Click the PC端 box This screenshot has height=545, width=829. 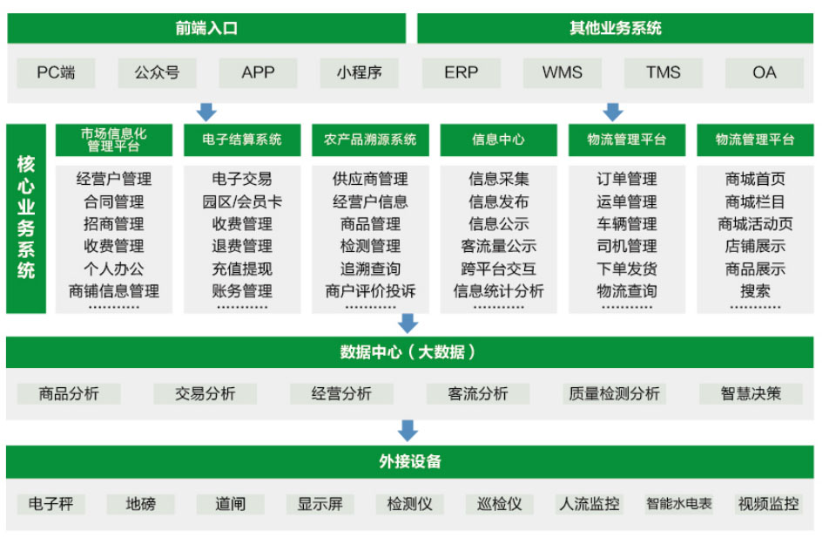[56, 72]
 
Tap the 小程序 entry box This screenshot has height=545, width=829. [359, 72]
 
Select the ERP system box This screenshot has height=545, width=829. [461, 72]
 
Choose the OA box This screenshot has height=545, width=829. [765, 72]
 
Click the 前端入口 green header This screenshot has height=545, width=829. [206, 28]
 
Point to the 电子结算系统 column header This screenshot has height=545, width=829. [242, 140]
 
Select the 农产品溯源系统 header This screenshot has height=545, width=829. [370, 140]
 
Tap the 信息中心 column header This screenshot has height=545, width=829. [499, 140]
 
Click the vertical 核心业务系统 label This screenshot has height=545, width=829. [26, 218]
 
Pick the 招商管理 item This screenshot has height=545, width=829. [114, 224]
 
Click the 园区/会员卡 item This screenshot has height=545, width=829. [242, 201]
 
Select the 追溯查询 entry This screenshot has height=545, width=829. [370, 269]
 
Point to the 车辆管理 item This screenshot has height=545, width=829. [627, 224]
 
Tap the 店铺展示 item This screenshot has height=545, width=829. [755, 246]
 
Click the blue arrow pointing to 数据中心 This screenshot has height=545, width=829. [408, 324]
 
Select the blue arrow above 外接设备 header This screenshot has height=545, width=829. [408, 431]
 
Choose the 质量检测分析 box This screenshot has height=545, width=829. [615, 393]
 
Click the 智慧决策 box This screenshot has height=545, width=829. [751, 393]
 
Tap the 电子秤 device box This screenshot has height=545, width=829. [51, 504]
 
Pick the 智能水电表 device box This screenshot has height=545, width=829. [679, 504]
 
